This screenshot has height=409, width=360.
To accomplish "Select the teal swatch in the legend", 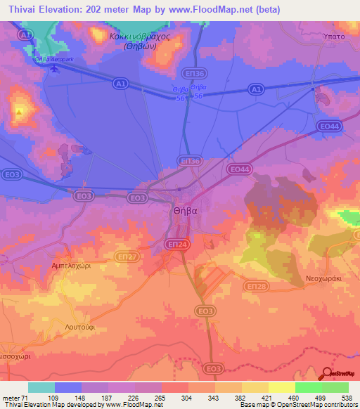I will pyautogui.click(x=41, y=387).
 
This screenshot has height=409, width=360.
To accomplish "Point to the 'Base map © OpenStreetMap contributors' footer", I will pyautogui.click(x=297, y=405).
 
